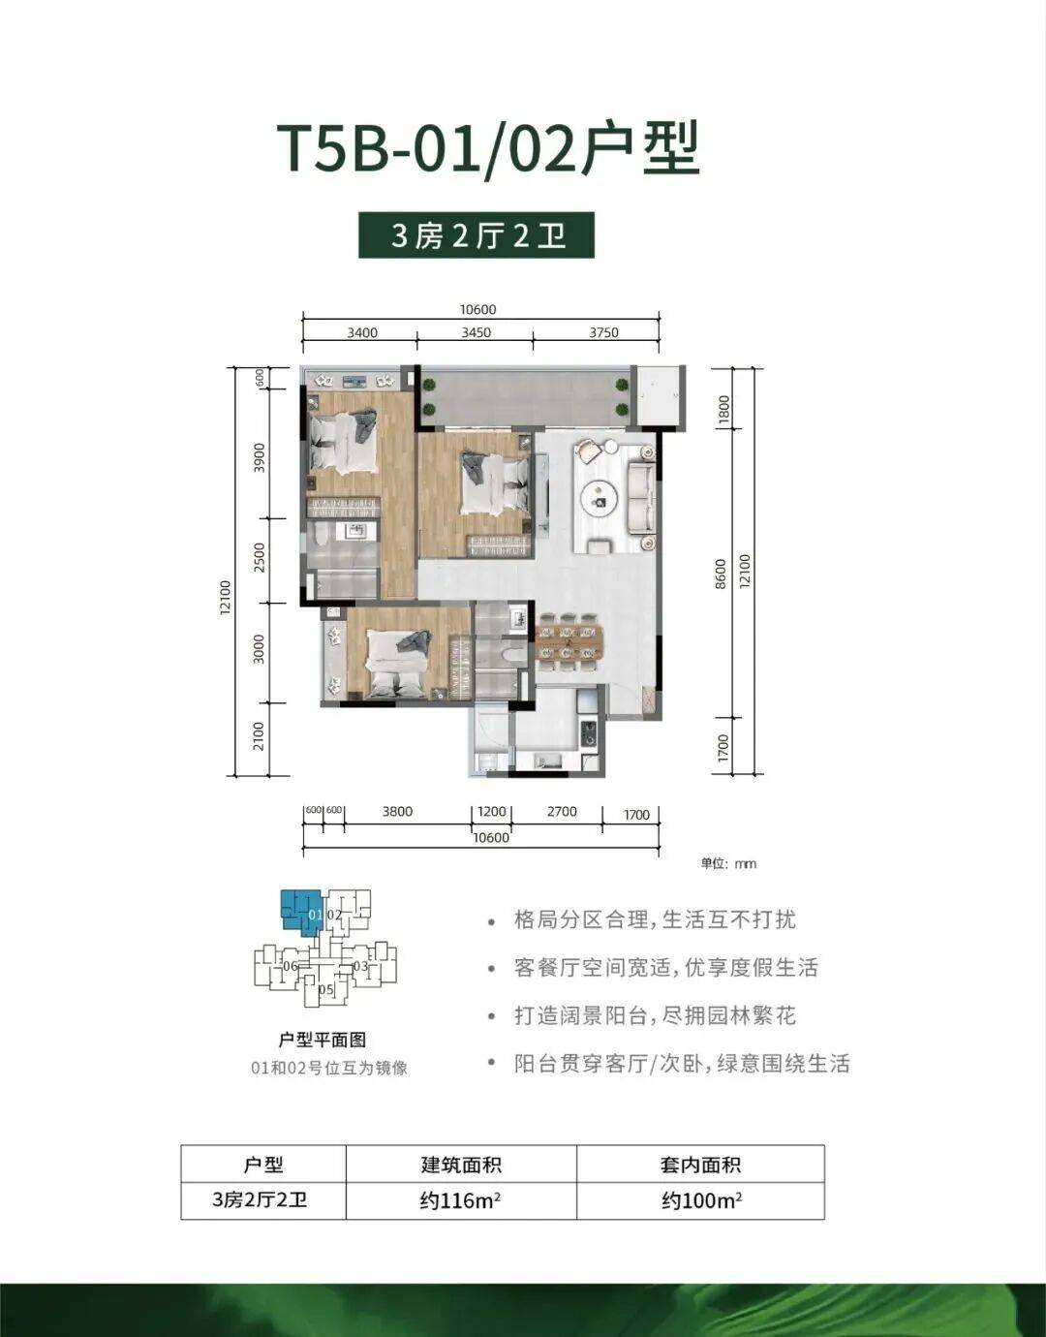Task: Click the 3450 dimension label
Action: tap(476, 333)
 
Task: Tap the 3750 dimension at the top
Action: tap(603, 333)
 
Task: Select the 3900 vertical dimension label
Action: tap(260, 457)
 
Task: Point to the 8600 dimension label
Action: tap(721, 575)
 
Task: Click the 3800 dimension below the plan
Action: tap(397, 812)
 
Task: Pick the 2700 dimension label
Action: tap(562, 812)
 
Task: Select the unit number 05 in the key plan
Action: tap(326, 990)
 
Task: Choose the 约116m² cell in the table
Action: tap(461, 1199)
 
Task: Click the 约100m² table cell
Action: tap(701, 1199)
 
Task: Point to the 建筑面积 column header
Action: tap(461, 1165)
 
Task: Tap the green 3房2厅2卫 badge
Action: tap(477, 235)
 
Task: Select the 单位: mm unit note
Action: tap(728, 864)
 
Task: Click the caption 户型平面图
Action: tap(323, 1040)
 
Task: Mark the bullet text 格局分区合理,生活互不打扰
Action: tap(655, 920)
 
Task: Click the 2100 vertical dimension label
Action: tap(259, 736)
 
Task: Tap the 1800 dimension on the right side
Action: tap(723, 409)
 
